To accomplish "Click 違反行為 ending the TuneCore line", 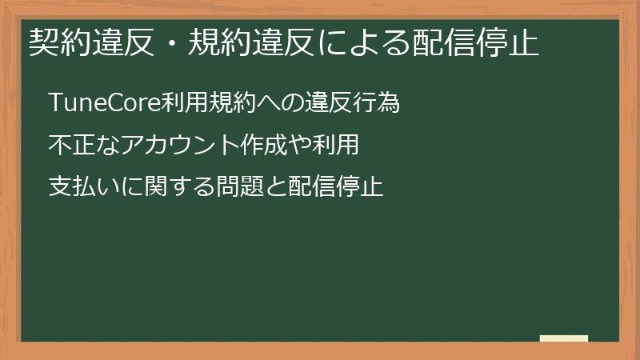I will tap(349, 104).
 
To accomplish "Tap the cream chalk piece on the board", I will tap(563, 338).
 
